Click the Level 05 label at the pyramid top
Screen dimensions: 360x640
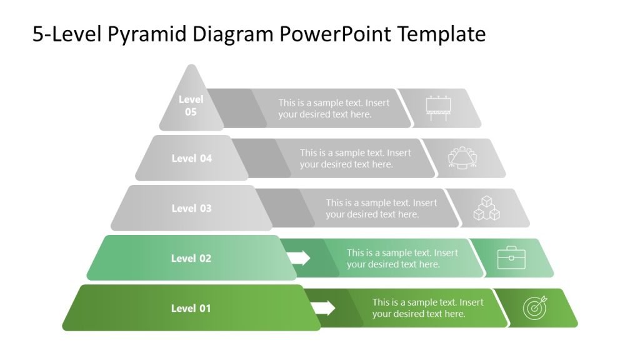[x=191, y=106]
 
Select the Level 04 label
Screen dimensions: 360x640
[x=192, y=158]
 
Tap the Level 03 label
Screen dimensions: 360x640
[x=192, y=208]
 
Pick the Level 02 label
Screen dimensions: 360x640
[x=191, y=258]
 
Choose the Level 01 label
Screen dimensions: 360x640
[x=191, y=308]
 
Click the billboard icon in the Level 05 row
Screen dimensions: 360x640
[x=438, y=108]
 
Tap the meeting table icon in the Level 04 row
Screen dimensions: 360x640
[x=462, y=158]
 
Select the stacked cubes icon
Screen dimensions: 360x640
[x=486, y=208]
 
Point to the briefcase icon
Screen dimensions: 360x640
[x=511, y=258]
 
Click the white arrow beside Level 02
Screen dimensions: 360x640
[x=298, y=257]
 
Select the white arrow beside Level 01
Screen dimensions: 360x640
[x=323, y=307]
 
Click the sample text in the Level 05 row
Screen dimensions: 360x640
[x=334, y=108]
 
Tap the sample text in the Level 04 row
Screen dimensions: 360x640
[x=355, y=158]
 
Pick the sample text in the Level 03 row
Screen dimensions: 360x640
[x=381, y=208]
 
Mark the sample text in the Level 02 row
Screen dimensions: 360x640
[x=402, y=258]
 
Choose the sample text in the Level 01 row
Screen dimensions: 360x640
[x=428, y=308]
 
